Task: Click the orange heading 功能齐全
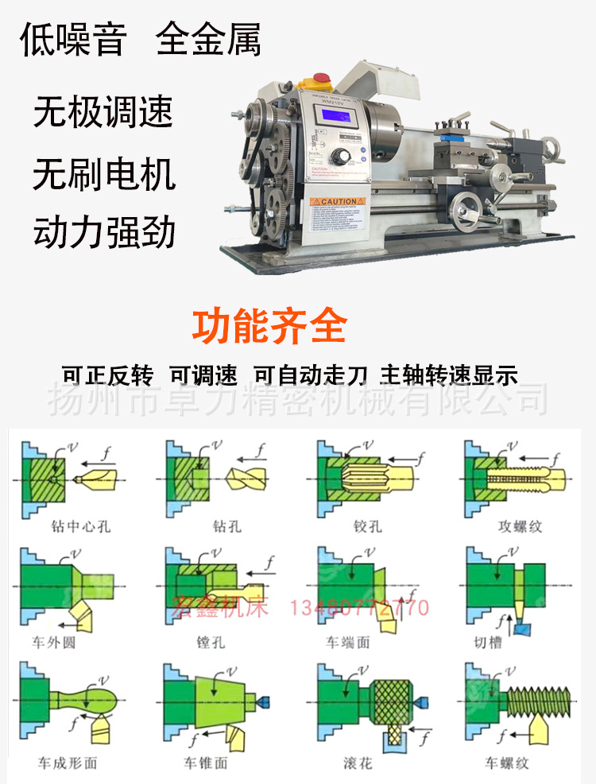[269, 326]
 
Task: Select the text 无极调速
[103, 112]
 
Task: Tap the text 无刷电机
[104, 173]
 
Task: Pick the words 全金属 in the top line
[208, 41]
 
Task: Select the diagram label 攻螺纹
[520, 526]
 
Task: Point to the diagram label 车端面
[347, 642]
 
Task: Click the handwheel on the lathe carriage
[466, 208]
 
